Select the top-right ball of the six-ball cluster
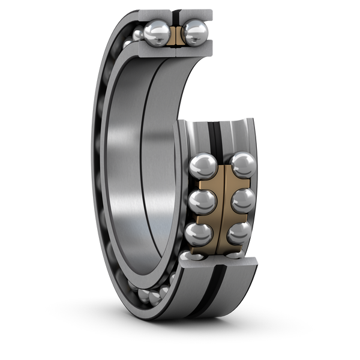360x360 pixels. coord(242,166)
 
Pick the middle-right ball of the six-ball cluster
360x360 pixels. coord(242,200)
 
